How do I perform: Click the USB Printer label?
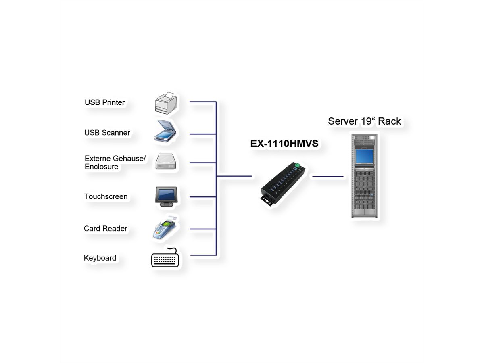pyautogui.click(x=104, y=102)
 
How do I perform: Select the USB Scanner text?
pyautogui.click(x=107, y=133)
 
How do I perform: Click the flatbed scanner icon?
pyautogui.click(x=165, y=130)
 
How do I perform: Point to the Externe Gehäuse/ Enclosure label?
pyautogui.click(x=115, y=163)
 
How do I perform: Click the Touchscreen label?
pyautogui.click(x=106, y=197)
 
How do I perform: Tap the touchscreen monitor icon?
pyautogui.click(x=165, y=196)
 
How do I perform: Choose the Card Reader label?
pyautogui.click(x=105, y=229)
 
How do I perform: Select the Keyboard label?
pyautogui.click(x=100, y=258)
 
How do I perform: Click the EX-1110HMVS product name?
pyautogui.click(x=284, y=144)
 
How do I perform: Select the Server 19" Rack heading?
pyautogui.click(x=364, y=121)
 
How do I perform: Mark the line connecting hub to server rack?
pyautogui.click(x=328, y=176)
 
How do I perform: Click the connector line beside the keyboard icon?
pyautogui.click(x=203, y=255)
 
